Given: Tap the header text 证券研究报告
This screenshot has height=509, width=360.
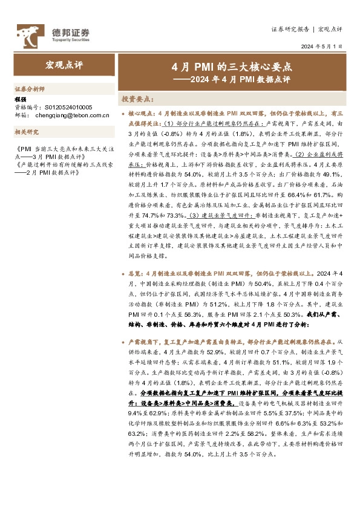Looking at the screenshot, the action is (290, 28).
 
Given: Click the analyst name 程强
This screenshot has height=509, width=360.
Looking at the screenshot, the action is (21, 99).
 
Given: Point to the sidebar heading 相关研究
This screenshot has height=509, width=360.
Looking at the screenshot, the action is (27, 131).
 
